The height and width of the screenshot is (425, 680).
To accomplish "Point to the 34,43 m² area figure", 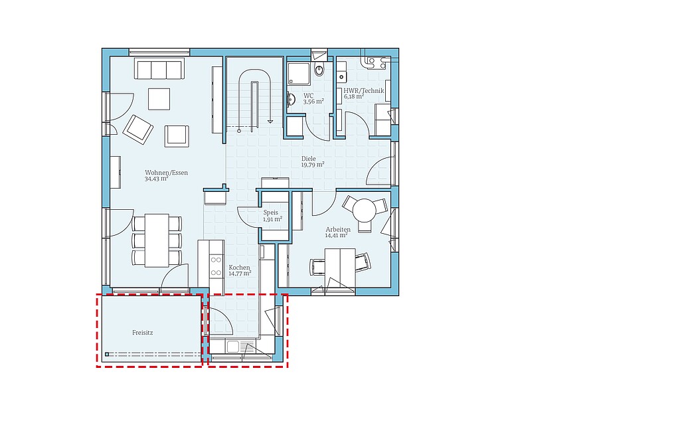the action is click(x=157, y=179).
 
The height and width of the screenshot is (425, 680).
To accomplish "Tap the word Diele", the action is click(x=309, y=159).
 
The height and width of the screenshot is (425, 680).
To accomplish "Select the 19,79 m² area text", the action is click(x=313, y=165).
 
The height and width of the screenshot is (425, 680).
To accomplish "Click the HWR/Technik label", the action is click(x=364, y=90).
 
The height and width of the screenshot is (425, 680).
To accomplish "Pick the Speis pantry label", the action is click(x=271, y=212).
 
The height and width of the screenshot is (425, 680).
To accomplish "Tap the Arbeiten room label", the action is click(x=338, y=229).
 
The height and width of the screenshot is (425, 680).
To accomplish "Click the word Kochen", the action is click(x=239, y=268).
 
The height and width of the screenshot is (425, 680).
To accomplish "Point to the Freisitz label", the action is click(x=143, y=333).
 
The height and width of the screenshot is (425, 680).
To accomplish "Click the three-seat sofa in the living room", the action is click(x=159, y=69).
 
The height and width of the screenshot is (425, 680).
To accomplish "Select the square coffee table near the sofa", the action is click(x=159, y=99).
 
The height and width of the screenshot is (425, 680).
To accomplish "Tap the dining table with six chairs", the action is click(x=157, y=240).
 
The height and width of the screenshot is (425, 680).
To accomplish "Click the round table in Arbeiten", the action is click(x=365, y=211).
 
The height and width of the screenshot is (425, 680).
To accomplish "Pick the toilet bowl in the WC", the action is click(x=319, y=69).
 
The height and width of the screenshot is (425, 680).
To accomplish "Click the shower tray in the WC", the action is click(x=298, y=72).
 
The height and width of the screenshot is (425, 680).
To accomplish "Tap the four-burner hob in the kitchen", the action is click(x=216, y=266).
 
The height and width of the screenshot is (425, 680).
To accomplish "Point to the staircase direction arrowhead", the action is click(x=270, y=122).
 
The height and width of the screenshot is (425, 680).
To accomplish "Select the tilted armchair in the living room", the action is click(x=138, y=129).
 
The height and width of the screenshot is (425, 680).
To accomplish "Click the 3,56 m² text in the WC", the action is click(x=313, y=102).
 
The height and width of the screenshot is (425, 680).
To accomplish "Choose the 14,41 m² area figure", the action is click(x=337, y=236).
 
